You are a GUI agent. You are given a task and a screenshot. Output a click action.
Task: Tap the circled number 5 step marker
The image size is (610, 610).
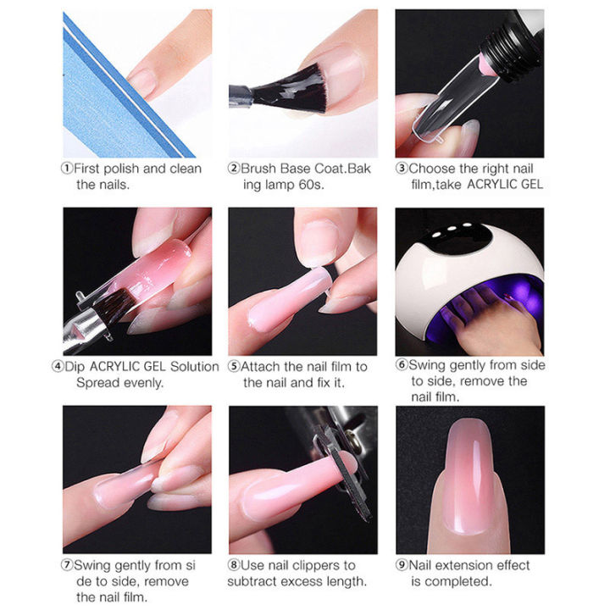point(235,367)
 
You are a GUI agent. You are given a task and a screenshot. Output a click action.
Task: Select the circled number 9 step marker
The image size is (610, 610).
point(402,565)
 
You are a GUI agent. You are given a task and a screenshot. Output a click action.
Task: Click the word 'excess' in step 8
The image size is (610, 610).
point(304,581)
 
